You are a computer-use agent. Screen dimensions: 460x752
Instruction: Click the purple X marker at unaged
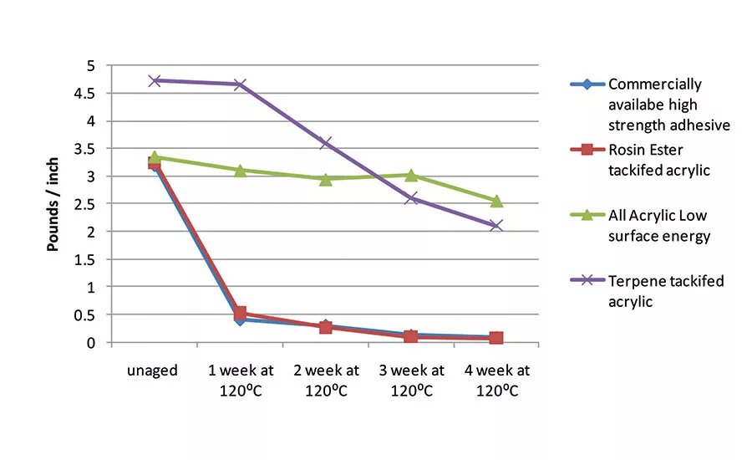pos(155,80)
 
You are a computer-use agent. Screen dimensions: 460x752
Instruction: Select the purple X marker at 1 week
pos(240,84)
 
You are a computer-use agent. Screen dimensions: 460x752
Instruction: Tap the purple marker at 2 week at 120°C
pos(325,143)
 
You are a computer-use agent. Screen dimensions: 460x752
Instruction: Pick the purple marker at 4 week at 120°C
pos(496,226)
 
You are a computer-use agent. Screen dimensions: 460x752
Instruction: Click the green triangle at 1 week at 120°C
pos(240,170)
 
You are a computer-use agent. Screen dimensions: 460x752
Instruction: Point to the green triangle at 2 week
pos(325,179)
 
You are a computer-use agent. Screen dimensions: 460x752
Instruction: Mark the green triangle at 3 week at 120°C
pos(411,175)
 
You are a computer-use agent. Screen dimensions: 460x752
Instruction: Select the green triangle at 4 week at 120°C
pos(496,201)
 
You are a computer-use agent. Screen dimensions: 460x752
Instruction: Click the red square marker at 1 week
pos(240,314)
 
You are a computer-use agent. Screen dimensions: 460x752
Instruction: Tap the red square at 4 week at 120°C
pos(496,338)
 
